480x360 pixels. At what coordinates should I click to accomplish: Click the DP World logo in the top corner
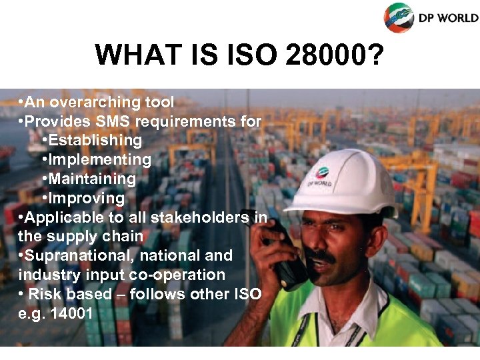point(430,17)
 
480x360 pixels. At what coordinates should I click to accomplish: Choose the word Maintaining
point(92,179)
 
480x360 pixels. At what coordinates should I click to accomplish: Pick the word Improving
point(86,198)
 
